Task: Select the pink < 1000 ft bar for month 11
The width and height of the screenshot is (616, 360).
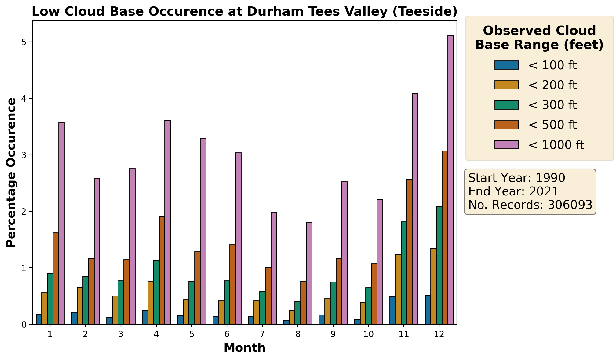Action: click(415, 209)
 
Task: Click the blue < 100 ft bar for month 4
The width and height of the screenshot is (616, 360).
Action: click(145, 317)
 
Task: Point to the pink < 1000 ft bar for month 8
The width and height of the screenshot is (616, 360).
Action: click(309, 273)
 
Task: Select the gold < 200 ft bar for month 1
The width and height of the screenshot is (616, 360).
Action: click(44, 308)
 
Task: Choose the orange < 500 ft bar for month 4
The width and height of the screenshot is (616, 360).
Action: click(162, 270)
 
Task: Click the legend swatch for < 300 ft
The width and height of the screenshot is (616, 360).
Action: click(506, 105)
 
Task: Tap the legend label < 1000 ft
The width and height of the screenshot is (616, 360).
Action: click(556, 145)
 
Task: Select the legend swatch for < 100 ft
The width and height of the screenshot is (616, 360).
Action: click(506, 65)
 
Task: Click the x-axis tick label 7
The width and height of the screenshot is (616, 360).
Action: click(262, 334)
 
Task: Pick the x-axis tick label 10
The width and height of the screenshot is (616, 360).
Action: click(368, 334)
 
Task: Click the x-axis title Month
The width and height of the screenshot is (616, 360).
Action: click(244, 348)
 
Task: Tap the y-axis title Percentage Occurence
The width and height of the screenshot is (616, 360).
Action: click(11, 173)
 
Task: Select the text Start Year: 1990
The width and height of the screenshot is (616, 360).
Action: click(516, 178)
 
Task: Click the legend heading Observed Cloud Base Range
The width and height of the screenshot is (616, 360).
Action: click(539, 38)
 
